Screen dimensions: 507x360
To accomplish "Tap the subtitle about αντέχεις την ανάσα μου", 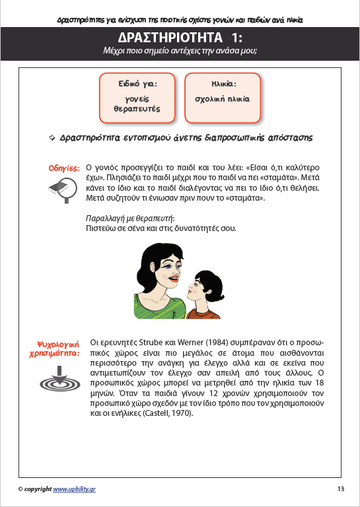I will [180, 50].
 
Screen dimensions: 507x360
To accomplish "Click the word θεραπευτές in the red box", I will [137, 108].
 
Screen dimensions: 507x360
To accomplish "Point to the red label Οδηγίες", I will [64, 168].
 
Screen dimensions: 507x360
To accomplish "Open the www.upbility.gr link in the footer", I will [75, 489].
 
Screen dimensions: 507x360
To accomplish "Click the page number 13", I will [340, 489].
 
